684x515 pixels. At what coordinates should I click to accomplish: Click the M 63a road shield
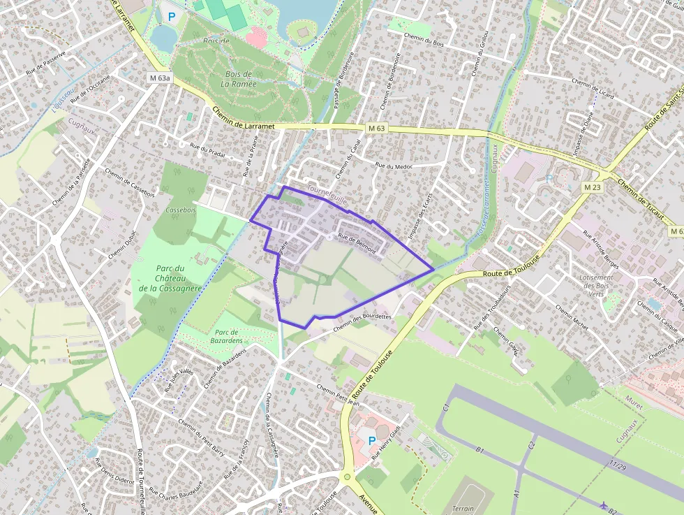pos(159,78)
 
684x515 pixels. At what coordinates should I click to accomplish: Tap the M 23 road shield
pos(592,187)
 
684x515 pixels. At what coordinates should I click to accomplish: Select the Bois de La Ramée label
pos(239,78)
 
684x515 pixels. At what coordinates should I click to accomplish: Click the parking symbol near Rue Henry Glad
pos(371,440)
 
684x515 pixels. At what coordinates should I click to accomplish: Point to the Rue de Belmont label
pos(357,242)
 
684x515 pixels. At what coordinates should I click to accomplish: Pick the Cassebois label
pos(179,210)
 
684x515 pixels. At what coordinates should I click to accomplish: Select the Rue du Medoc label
pos(394,166)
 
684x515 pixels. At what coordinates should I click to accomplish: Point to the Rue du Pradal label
pos(209,150)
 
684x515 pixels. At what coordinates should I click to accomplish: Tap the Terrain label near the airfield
pos(463,509)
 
